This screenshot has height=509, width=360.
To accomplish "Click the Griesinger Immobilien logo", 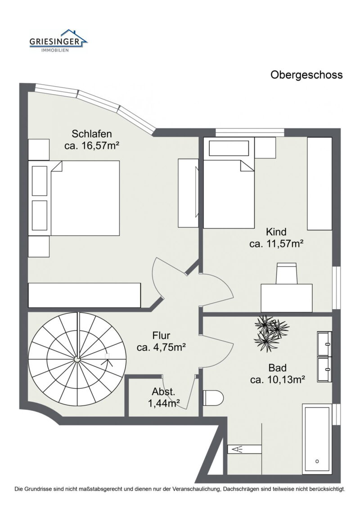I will coord(58,41).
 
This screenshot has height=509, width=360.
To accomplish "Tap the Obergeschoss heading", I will coord(306,75).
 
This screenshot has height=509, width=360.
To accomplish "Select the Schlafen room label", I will coord(92,134).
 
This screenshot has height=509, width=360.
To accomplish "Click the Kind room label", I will coord(276,232).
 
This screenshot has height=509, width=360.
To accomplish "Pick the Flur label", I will coord(161,335).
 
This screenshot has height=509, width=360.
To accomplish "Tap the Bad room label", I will coord(278,367).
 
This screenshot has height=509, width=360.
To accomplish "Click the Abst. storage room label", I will coord(163,391).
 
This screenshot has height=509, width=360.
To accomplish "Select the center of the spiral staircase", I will coord(77,359).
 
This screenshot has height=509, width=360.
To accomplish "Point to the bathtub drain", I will coord(317,461).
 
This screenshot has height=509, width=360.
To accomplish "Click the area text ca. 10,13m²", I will coord(278,379).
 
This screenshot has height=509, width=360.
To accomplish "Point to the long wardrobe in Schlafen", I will coord(85,295).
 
